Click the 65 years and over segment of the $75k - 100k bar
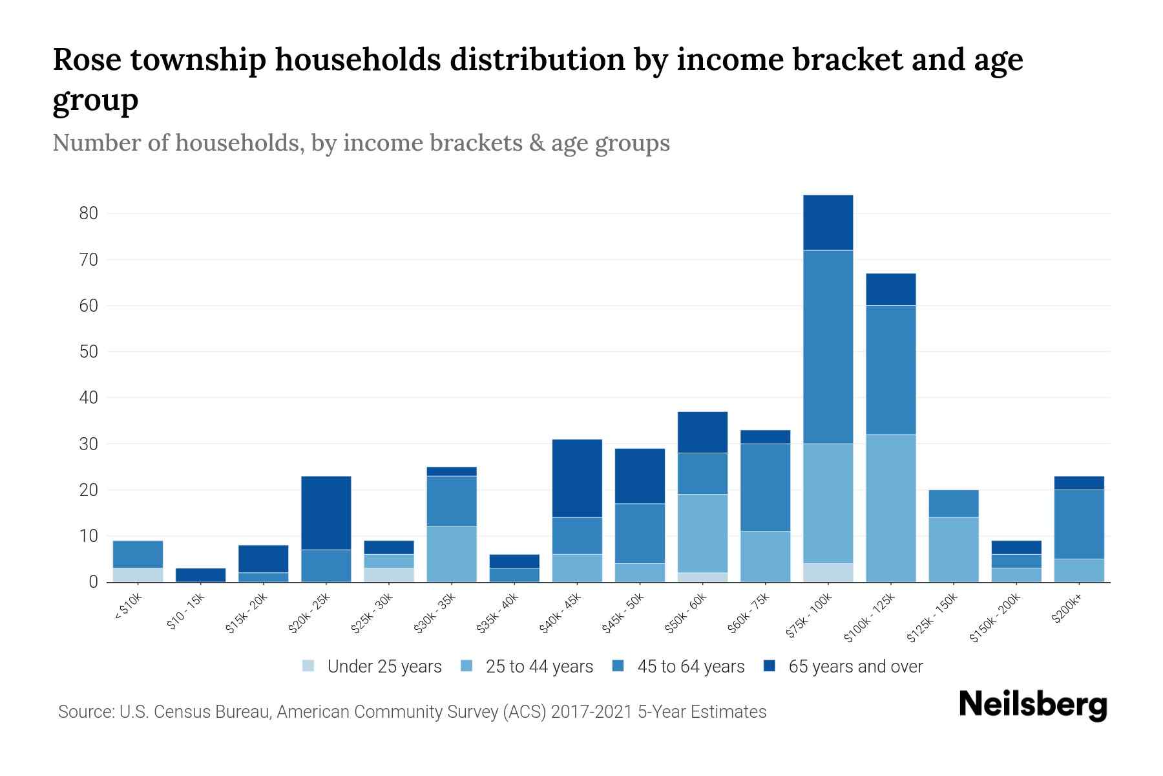(828, 222)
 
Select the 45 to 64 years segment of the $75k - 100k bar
(828, 347)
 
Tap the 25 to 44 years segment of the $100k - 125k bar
(890, 508)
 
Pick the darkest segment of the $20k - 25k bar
(326, 513)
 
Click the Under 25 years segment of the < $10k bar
(138, 575)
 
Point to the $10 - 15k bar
(200, 575)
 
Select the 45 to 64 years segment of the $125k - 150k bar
(953, 504)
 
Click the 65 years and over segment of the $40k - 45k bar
(577, 478)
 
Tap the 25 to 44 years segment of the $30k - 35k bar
(451, 554)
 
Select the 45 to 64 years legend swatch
(618, 666)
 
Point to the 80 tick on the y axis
(89, 213)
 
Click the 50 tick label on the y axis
(89, 352)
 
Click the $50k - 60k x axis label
(687, 614)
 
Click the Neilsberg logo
(1032, 706)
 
